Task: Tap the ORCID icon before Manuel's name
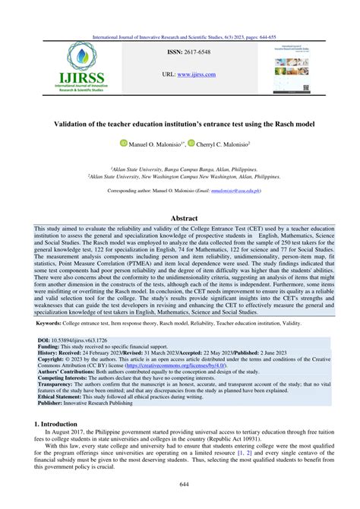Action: pos(124,143)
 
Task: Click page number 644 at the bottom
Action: pos(180,485)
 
